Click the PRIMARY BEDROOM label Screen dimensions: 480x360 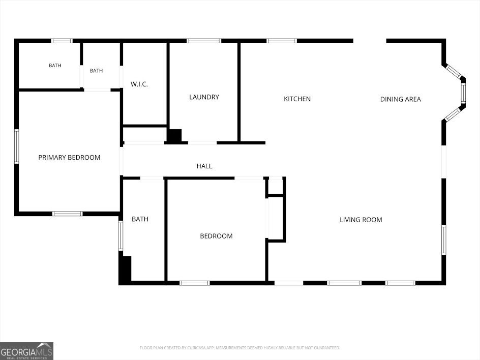(x=69, y=157)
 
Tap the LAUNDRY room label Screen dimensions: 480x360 (x=204, y=97)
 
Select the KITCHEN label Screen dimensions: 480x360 (x=297, y=99)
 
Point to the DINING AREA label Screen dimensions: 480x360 (x=400, y=99)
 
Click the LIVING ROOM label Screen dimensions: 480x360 (x=361, y=220)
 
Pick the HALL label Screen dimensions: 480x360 (x=204, y=166)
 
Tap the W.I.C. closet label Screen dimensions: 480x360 (x=139, y=84)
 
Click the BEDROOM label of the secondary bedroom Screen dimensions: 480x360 (x=216, y=236)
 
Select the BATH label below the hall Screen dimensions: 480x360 (x=140, y=219)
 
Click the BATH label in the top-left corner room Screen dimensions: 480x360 (x=55, y=66)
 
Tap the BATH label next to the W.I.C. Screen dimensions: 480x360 (x=96, y=71)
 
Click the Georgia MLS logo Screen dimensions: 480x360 (x=26, y=351)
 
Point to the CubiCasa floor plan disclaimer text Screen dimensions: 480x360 (x=239, y=348)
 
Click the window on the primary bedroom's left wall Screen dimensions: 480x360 (x=17, y=146)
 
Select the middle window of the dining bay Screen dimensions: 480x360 (x=463, y=93)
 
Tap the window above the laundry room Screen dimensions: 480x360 (x=204, y=41)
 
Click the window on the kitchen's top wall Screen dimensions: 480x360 (x=282, y=41)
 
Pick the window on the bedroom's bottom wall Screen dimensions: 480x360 (x=195, y=283)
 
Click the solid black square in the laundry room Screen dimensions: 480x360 (x=174, y=136)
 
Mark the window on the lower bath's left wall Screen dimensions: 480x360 (x=121, y=236)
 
